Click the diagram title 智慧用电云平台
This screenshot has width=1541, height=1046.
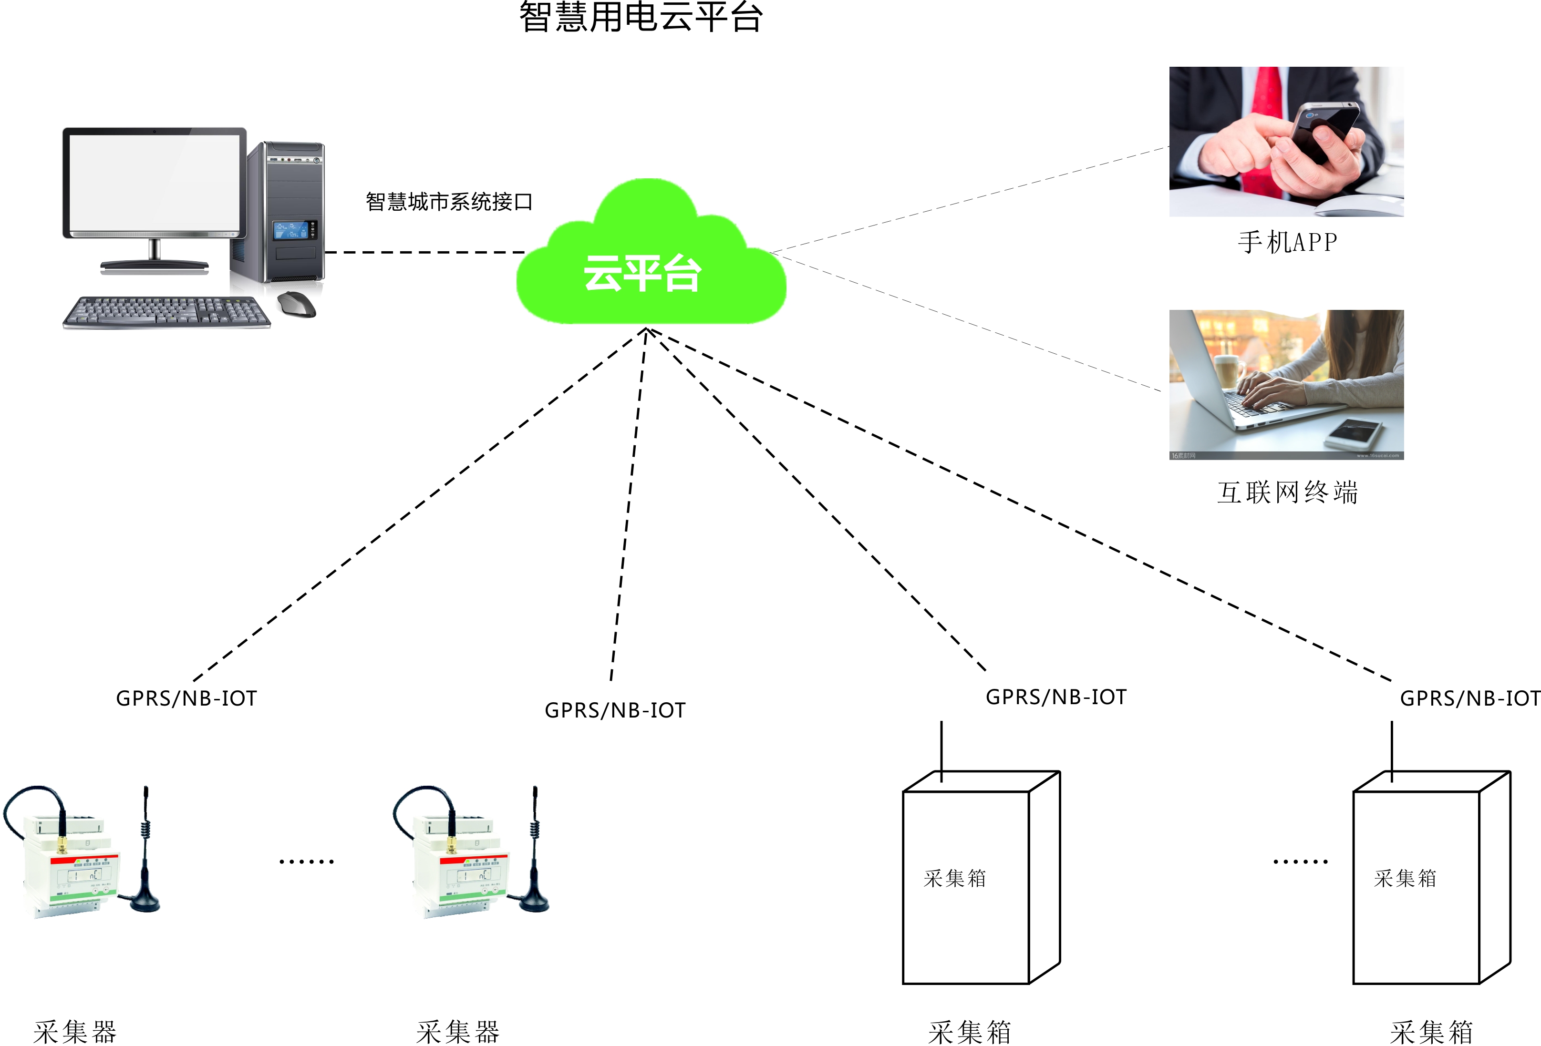click(641, 17)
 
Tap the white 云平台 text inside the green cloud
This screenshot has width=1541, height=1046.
click(642, 273)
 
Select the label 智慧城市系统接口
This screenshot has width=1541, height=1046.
click(449, 202)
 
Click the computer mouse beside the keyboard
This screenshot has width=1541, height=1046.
click(296, 304)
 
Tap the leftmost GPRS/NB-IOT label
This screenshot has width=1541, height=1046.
click(186, 698)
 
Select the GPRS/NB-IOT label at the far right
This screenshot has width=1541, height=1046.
click(1469, 698)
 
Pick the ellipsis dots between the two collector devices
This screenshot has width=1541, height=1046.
click(306, 861)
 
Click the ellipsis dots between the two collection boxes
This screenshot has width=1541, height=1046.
click(1300, 861)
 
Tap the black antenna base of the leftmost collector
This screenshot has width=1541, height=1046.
click(145, 902)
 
